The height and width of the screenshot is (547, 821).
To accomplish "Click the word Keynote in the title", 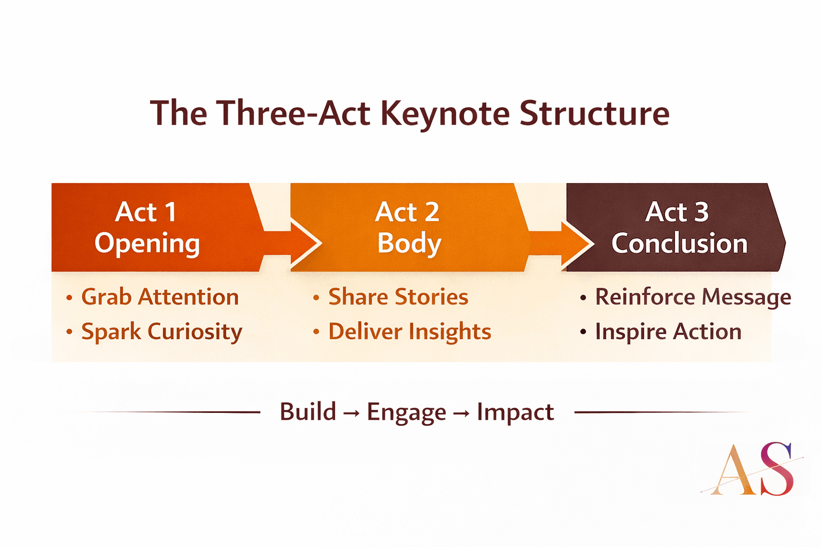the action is point(445,114).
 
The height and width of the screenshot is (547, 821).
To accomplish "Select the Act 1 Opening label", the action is point(147,228).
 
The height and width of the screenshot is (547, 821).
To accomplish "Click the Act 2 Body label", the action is point(408,228).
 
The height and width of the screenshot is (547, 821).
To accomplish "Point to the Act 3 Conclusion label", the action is point(679,228).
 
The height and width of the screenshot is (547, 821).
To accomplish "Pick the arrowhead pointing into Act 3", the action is point(577,244).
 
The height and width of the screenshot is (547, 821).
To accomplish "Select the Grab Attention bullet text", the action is point(160,297).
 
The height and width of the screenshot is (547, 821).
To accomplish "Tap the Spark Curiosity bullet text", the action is point(161,332).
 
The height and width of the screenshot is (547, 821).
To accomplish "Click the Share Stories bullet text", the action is point(398,296).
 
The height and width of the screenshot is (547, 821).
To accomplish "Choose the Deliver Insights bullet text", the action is point(409,332).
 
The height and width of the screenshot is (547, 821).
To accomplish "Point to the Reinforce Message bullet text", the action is point(693,297).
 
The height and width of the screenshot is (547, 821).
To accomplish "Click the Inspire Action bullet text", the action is point(668,332).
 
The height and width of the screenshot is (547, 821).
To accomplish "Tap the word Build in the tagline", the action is point(308,411).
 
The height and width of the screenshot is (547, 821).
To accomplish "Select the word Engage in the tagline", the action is point(406,413).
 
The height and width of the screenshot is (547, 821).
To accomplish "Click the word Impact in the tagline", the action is point(515,413).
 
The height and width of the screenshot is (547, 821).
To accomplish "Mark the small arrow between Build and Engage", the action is point(352,413).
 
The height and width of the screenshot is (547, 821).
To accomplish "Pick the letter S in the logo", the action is point(777,469).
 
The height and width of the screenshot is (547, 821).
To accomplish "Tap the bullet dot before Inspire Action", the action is point(583,332).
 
